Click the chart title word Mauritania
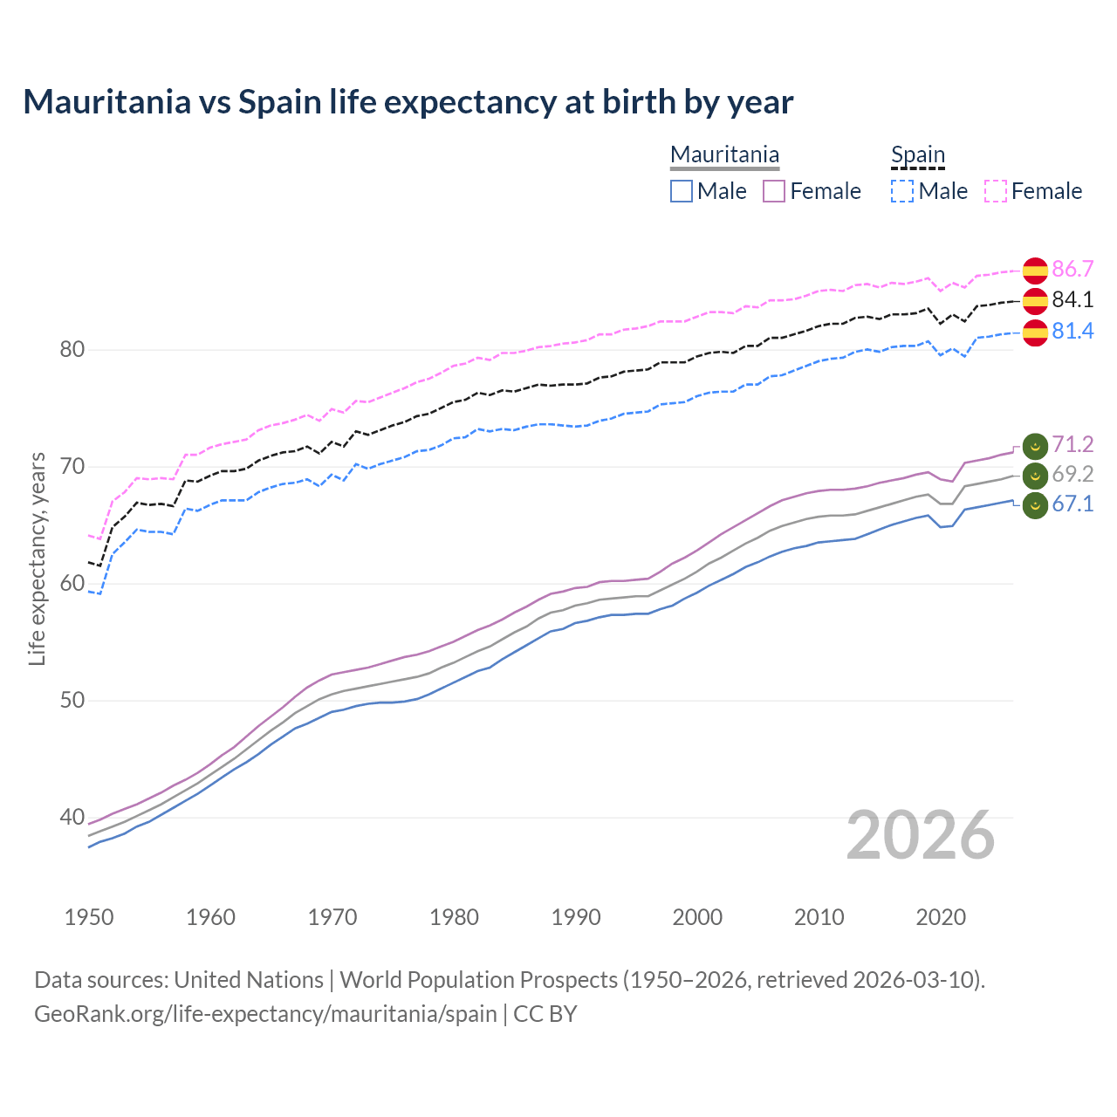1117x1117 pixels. [x=106, y=102]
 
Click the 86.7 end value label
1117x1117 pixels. [x=1072, y=269]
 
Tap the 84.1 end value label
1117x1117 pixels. [x=1072, y=300]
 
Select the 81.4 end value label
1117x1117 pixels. [x=1072, y=332]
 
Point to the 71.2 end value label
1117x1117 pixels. [x=1072, y=445]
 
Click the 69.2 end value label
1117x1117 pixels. [x=1072, y=475]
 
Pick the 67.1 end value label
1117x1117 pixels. [x=1072, y=504]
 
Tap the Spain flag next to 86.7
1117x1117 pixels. [x=1035, y=270]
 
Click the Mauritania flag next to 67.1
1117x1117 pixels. [x=1035, y=505]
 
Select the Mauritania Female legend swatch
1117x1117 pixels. [x=774, y=191]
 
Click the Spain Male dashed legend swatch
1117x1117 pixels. [x=902, y=191]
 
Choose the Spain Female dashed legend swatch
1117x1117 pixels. [x=996, y=191]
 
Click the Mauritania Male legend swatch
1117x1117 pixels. [x=682, y=191]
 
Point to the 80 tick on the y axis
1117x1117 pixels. [x=72, y=350]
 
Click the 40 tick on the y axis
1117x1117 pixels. [x=72, y=818]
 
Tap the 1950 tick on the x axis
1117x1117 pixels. [x=89, y=917]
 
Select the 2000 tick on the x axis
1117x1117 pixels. [x=697, y=917]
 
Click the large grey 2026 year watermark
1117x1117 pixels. [x=921, y=835]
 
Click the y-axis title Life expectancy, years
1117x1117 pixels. [x=38, y=558]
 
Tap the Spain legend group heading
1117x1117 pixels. [x=918, y=155]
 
